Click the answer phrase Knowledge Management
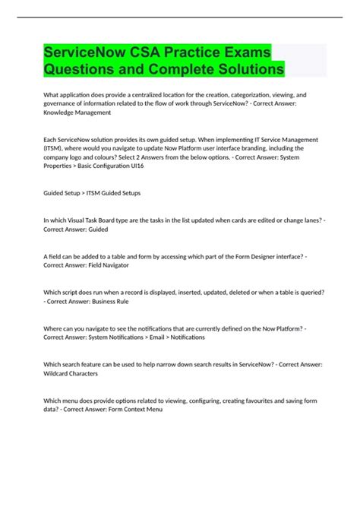[77, 112]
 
